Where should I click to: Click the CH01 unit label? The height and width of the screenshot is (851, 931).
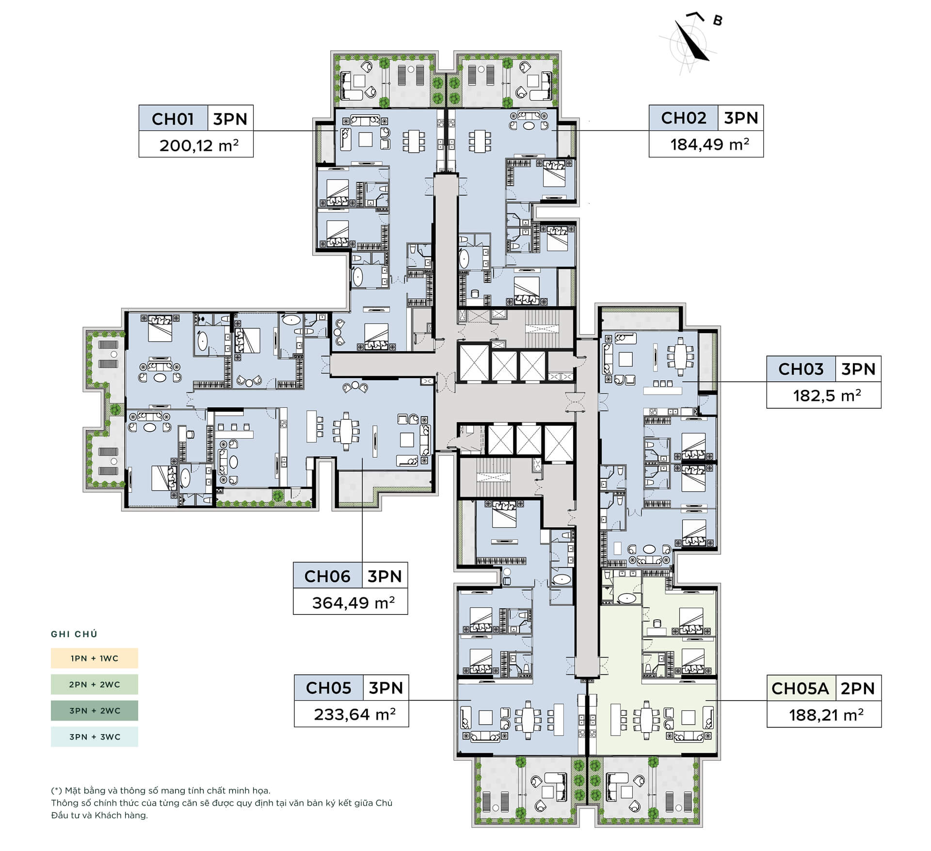173,119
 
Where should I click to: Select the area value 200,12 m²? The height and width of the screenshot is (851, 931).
199,145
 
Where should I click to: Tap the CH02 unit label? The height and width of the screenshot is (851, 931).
684,118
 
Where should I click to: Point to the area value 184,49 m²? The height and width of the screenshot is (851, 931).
710,144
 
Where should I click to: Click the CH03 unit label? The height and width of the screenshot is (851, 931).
801,369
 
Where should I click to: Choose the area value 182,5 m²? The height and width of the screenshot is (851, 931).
827,395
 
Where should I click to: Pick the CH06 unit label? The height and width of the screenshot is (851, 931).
327,576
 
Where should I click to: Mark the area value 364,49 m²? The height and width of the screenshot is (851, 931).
353,602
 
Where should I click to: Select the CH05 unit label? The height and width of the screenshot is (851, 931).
329,688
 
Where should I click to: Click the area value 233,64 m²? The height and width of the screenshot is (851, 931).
355,714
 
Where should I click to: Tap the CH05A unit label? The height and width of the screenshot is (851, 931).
801,689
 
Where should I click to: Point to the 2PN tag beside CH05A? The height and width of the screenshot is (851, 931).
858,689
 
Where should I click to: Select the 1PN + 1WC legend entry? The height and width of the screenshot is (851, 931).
95,658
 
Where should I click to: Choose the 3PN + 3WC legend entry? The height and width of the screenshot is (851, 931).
95,737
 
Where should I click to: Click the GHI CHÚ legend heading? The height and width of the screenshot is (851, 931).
74,634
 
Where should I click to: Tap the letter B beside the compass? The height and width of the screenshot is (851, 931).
718,21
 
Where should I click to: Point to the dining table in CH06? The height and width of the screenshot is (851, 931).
346,431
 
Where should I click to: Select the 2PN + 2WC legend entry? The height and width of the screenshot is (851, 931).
95,684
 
